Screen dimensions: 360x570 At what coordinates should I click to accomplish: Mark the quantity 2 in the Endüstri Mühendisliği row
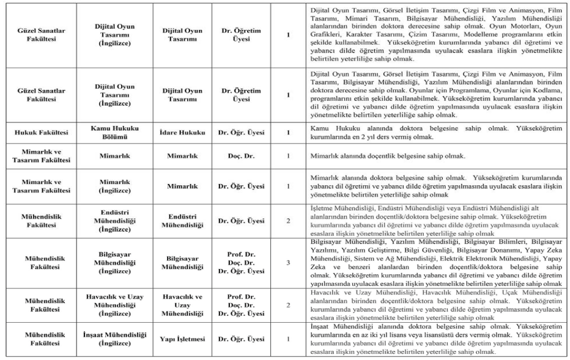(287, 220)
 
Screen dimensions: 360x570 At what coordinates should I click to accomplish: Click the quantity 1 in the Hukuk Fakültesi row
(287, 132)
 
